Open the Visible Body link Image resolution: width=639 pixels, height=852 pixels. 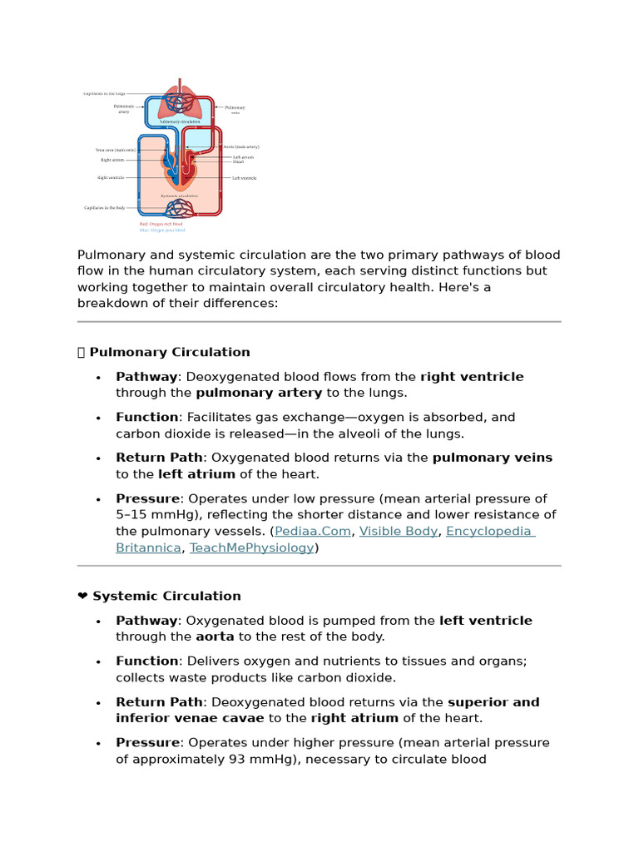tap(399, 531)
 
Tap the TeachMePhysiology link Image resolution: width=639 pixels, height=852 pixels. tap(252, 547)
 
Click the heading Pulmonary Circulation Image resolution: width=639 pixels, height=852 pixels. tap(169, 352)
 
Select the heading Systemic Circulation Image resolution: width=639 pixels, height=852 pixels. tap(166, 596)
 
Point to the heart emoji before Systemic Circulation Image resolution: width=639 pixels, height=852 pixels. tap(82, 596)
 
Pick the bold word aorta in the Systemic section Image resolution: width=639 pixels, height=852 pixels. tap(215, 637)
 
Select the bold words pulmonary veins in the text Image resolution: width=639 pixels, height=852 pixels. tap(492, 458)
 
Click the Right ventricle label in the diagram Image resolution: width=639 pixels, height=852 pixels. tap(111, 178)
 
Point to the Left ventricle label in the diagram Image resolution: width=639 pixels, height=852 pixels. tap(244, 178)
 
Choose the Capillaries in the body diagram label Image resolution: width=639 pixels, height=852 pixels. tap(105, 208)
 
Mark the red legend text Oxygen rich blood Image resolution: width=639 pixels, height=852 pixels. tap(161, 224)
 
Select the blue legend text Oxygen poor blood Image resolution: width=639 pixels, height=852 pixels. tap(161, 230)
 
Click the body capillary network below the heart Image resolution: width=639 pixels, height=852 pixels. tap(180, 211)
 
